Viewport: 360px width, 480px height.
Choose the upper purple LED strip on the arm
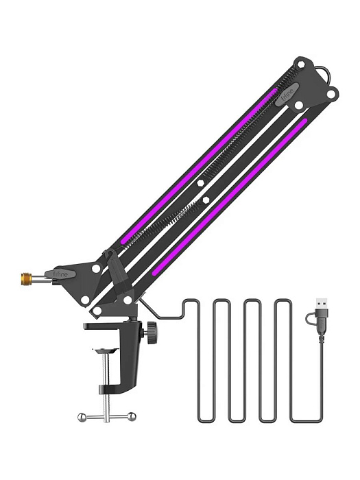tap(199, 165)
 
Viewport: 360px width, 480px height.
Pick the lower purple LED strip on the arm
tap(226, 199)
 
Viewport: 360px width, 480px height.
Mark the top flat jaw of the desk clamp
tap(113, 325)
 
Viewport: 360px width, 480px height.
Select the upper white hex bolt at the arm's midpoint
tap(200, 184)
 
